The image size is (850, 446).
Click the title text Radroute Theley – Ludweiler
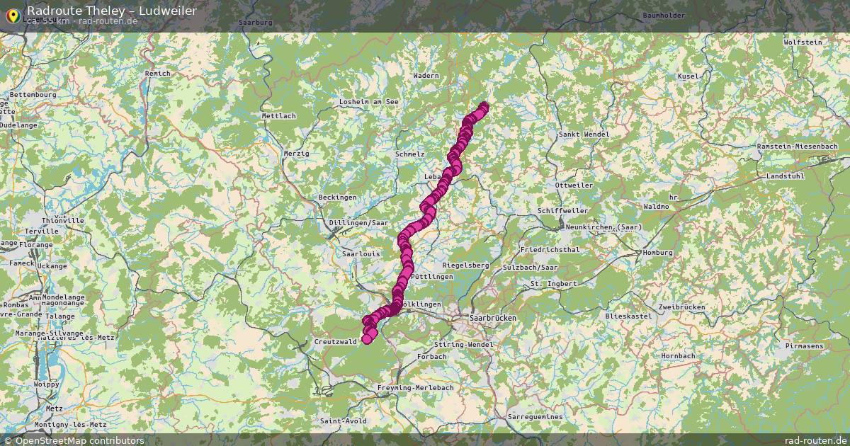[112, 10]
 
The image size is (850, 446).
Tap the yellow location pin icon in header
[13, 14]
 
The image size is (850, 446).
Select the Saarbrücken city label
[491, 319]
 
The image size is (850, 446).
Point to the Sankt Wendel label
[584, 134]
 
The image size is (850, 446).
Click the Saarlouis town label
[361, 253]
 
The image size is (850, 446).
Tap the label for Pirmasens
[804, 345]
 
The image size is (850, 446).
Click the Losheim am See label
[368, 102]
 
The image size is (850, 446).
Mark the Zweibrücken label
[681, 307]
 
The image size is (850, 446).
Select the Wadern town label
[426, 75]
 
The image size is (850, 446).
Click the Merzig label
[296, 153]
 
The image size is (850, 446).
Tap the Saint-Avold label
[343, 421]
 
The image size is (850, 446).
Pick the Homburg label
[657, 253]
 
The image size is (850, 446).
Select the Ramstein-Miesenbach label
[797, 146]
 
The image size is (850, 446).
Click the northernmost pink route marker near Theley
[484, 107]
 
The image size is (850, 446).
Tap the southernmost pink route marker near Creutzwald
[367, 339]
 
